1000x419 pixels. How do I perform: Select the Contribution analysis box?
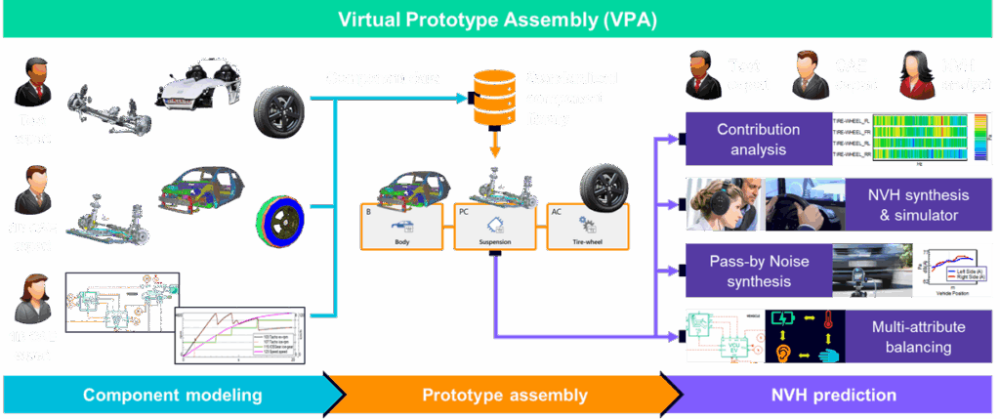pos(758,139)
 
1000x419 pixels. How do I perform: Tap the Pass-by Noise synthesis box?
pos(758,270)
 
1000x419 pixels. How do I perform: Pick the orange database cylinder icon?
pos(493,99)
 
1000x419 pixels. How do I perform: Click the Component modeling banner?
pos(172,396)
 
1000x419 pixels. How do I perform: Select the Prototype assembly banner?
pos(505,396)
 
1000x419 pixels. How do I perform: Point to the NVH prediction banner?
pos(835,396)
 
